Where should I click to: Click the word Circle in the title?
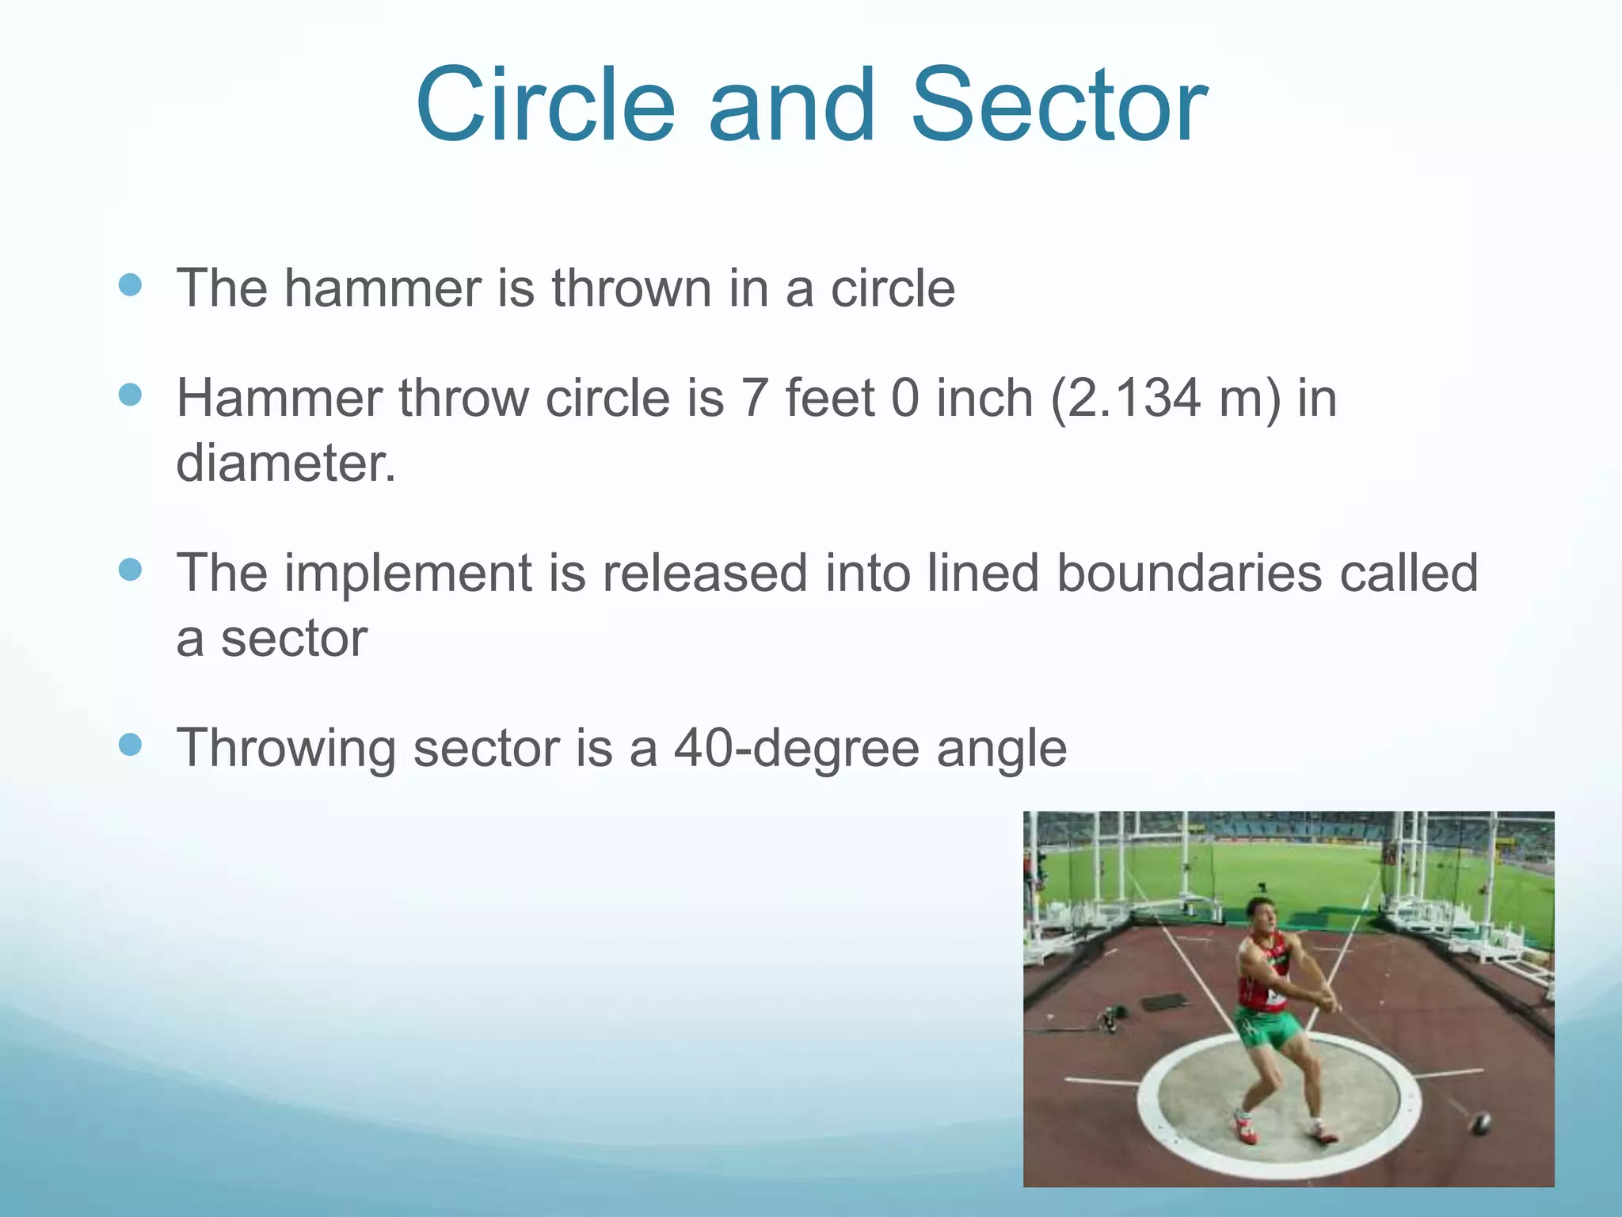pos(545,107)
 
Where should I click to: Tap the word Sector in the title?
pos(1060,107)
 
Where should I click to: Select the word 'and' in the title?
pos(792,107)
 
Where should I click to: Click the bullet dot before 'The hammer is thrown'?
pos(130,285)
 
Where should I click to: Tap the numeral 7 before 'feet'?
pos(753,398)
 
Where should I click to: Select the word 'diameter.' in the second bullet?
pos(285,463)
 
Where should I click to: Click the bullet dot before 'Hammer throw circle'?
pos(130,395)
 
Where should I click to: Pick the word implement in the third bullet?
pos(408,573)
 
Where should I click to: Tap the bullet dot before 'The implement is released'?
pos(130,570)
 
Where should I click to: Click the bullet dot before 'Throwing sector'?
pos(130,745)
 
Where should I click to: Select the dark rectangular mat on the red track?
pos(1163,1001)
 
